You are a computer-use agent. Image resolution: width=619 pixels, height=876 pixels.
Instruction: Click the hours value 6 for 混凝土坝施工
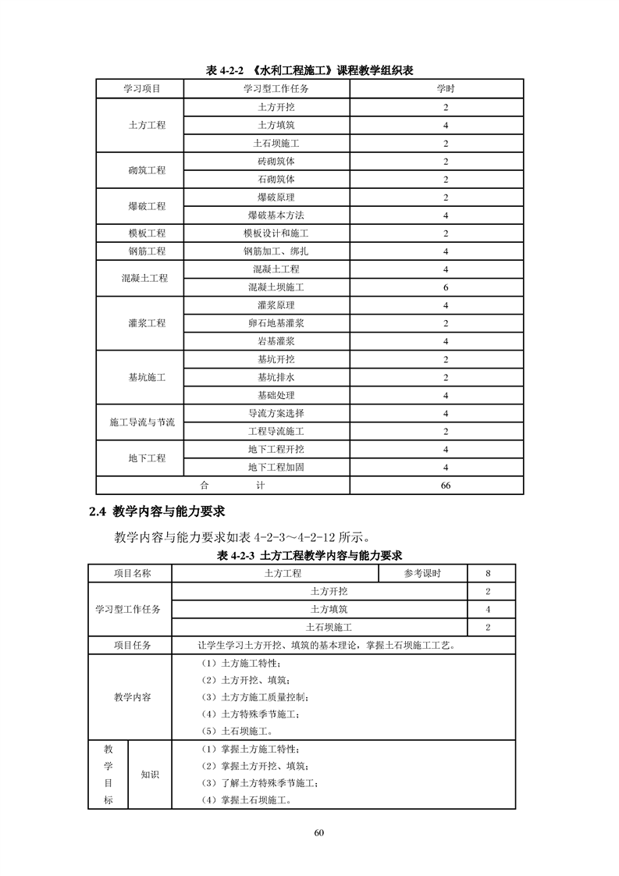[445, 287]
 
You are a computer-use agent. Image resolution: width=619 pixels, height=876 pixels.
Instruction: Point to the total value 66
[445, 486]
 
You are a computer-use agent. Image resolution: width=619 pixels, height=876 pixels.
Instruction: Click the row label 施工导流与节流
[141, 422]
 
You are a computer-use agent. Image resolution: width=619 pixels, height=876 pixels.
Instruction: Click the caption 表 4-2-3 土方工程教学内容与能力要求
[309, 556]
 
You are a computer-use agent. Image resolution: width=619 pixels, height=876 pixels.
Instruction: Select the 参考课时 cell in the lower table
[422, 574]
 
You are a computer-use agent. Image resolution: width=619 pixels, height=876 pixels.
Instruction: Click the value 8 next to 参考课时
[488, 574]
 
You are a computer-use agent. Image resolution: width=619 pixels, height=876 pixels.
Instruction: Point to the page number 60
[318, 832]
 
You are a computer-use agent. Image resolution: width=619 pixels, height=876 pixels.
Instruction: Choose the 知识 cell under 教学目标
[149, 775]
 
